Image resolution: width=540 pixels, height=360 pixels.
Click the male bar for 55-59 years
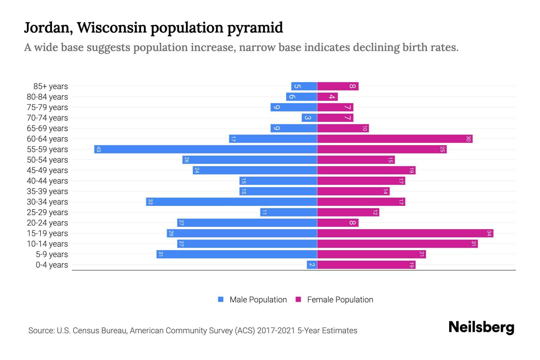(205, 149)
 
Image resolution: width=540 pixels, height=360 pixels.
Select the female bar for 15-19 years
(405, 233)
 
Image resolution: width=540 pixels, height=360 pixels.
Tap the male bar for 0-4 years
(312, 265)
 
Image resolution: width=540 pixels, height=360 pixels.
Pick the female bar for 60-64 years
(395, 139)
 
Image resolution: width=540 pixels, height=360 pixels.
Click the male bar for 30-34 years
(232, 202)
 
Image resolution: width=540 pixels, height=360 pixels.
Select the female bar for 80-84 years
(328, 97)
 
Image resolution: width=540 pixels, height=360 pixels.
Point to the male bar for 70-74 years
(309, 118)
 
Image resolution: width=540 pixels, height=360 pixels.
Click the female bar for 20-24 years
(338, 223)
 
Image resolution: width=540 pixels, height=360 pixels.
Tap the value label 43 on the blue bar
(98, 149)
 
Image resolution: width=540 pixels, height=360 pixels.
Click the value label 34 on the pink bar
(489, 233)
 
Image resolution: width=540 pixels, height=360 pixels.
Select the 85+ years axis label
(50, 86)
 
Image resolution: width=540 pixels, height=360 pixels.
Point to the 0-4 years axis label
(52, 265)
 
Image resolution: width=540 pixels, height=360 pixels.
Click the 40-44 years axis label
(47, 181)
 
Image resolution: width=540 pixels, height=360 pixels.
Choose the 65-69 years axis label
(47, 128)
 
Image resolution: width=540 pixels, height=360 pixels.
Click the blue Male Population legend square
(221, 299)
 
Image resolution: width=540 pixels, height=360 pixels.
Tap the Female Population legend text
(340, 300)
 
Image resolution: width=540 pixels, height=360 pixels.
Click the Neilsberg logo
(481, 327)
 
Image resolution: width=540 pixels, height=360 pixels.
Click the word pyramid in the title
(255, 28)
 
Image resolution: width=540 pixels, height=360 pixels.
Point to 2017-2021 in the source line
(276, 331)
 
